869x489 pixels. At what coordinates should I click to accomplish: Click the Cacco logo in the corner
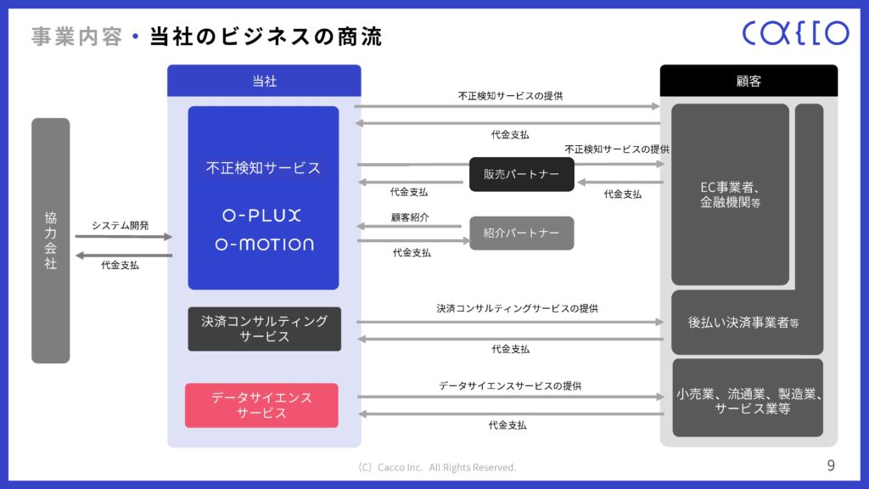tap(794, 33)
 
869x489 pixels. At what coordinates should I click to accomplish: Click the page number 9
tap(830, 465)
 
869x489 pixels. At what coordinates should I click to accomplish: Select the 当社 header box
tap(264, 81)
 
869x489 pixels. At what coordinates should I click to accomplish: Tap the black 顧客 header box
tap(748, 81)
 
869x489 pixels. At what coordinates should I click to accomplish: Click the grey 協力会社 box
tap(51, 240)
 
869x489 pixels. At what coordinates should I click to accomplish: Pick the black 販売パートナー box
tap(522, 174)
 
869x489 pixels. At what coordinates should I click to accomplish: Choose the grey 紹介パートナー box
tap(522, 233)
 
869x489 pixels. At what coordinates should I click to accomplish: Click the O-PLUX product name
tap(263, 216)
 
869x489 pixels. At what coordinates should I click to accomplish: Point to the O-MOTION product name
tap(263, 244)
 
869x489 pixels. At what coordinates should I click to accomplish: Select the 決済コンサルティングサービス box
tap(264, 329)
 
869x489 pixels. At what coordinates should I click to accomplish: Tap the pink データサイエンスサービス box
tap(261, 405)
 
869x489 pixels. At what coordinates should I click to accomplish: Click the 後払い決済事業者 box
tap(743, 323)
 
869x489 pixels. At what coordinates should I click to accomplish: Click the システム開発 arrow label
tap(120, 226)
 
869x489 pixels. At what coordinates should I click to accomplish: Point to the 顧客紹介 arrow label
tap(411, 217)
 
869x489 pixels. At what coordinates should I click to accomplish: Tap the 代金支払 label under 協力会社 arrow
tap(120, 266)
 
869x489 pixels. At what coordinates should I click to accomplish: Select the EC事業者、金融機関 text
tap(730, 195)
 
